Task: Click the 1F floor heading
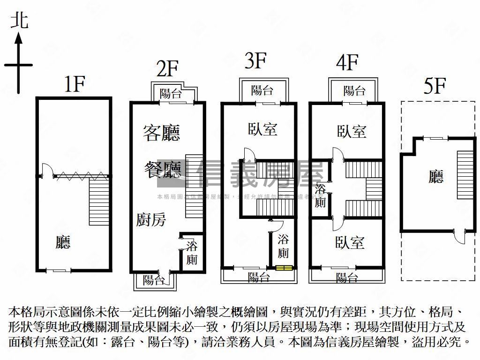point(74,84)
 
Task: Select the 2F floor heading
point(167,69)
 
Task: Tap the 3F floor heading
point(255,61)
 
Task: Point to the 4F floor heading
point(347,63)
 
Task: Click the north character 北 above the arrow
point(19,21)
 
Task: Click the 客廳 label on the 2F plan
point(162,134)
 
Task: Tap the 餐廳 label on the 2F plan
point(162,169)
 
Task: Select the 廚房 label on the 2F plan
point(151,219)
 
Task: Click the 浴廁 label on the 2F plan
point(192,253)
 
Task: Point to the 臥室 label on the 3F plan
point(262,129)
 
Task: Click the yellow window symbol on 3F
point(284,268)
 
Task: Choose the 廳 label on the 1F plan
point(63,242)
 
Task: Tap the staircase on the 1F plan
point(99,202)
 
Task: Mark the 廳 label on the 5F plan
point(436,177)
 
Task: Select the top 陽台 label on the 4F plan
point(354,90)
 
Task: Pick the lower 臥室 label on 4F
point(350,242)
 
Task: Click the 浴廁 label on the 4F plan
point(321,195)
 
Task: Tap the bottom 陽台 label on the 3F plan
point(258,277)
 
